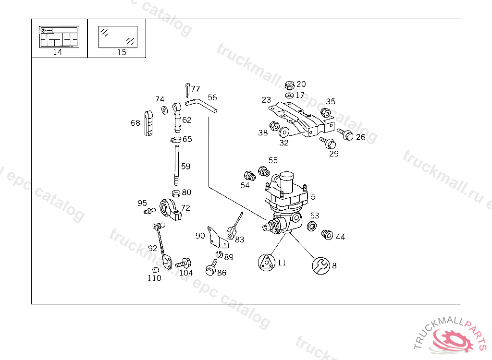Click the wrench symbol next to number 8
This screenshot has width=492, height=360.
320,265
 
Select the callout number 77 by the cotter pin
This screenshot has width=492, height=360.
195,89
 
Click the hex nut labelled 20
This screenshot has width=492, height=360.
290,85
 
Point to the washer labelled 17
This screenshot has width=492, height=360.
289,95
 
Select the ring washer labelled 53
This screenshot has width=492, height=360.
311,226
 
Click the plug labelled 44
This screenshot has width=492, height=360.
327,235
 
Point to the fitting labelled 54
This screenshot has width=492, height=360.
248,175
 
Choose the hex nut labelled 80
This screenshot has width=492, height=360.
176,193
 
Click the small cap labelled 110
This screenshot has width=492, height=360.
155,269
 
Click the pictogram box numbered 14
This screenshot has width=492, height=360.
59,37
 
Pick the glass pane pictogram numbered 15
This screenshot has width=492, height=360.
118,37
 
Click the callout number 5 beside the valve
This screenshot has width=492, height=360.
313,197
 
